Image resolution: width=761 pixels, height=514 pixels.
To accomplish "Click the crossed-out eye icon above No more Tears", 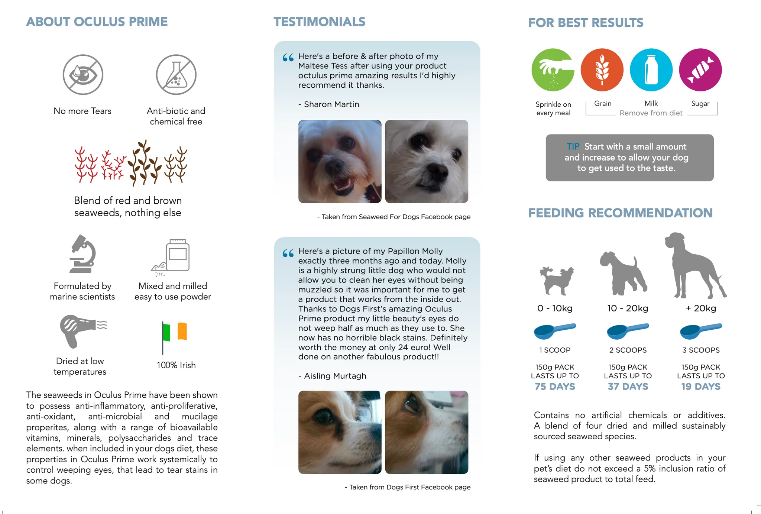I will pos(82,75).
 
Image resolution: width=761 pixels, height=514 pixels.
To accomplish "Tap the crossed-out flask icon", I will pos(176,75).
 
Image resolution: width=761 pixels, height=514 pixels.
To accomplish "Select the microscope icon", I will pos(83,254).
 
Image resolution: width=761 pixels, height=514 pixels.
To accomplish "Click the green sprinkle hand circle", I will pos(553,70).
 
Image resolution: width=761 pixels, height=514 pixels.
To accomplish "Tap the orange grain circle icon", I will pos(602,70).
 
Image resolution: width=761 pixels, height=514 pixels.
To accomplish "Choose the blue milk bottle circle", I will pos(651,70).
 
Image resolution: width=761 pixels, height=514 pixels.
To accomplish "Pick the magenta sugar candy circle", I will pos(700,70).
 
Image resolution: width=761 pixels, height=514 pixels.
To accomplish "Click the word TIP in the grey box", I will pos(573,147).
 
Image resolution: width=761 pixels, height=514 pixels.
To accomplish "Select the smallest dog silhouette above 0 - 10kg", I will pos(556,281).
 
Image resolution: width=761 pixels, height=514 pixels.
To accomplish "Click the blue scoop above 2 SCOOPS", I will pos(628,331).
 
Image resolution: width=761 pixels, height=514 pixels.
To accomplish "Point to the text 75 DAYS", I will pos(555,387).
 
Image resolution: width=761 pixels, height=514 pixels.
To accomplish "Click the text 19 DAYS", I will pos(700,387).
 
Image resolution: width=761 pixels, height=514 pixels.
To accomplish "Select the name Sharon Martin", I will pos(331,104).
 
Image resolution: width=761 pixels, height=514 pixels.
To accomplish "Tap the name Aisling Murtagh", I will pos(335,376).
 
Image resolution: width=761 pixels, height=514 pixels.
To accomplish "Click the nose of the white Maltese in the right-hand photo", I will pos(437,171).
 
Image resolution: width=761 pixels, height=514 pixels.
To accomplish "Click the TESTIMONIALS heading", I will pos(320,22).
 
